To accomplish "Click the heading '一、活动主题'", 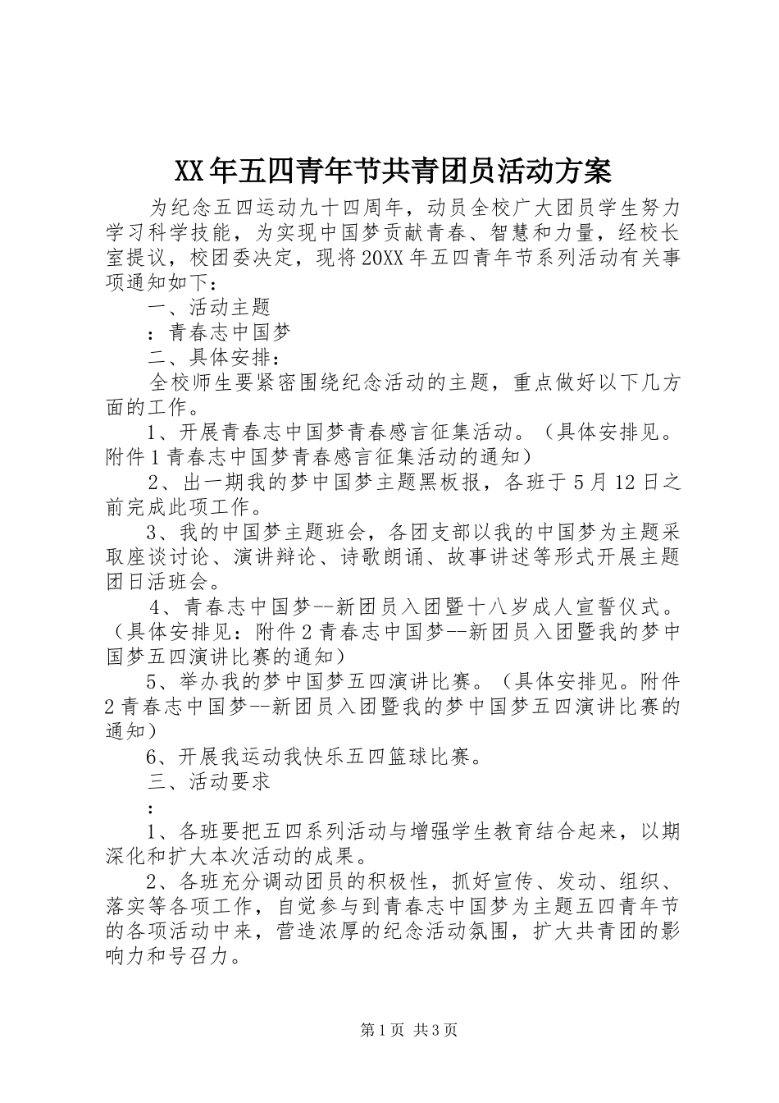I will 208,308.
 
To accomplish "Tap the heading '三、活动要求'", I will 208,782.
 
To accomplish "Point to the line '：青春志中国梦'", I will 218,333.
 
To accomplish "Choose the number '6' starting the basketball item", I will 152,757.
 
